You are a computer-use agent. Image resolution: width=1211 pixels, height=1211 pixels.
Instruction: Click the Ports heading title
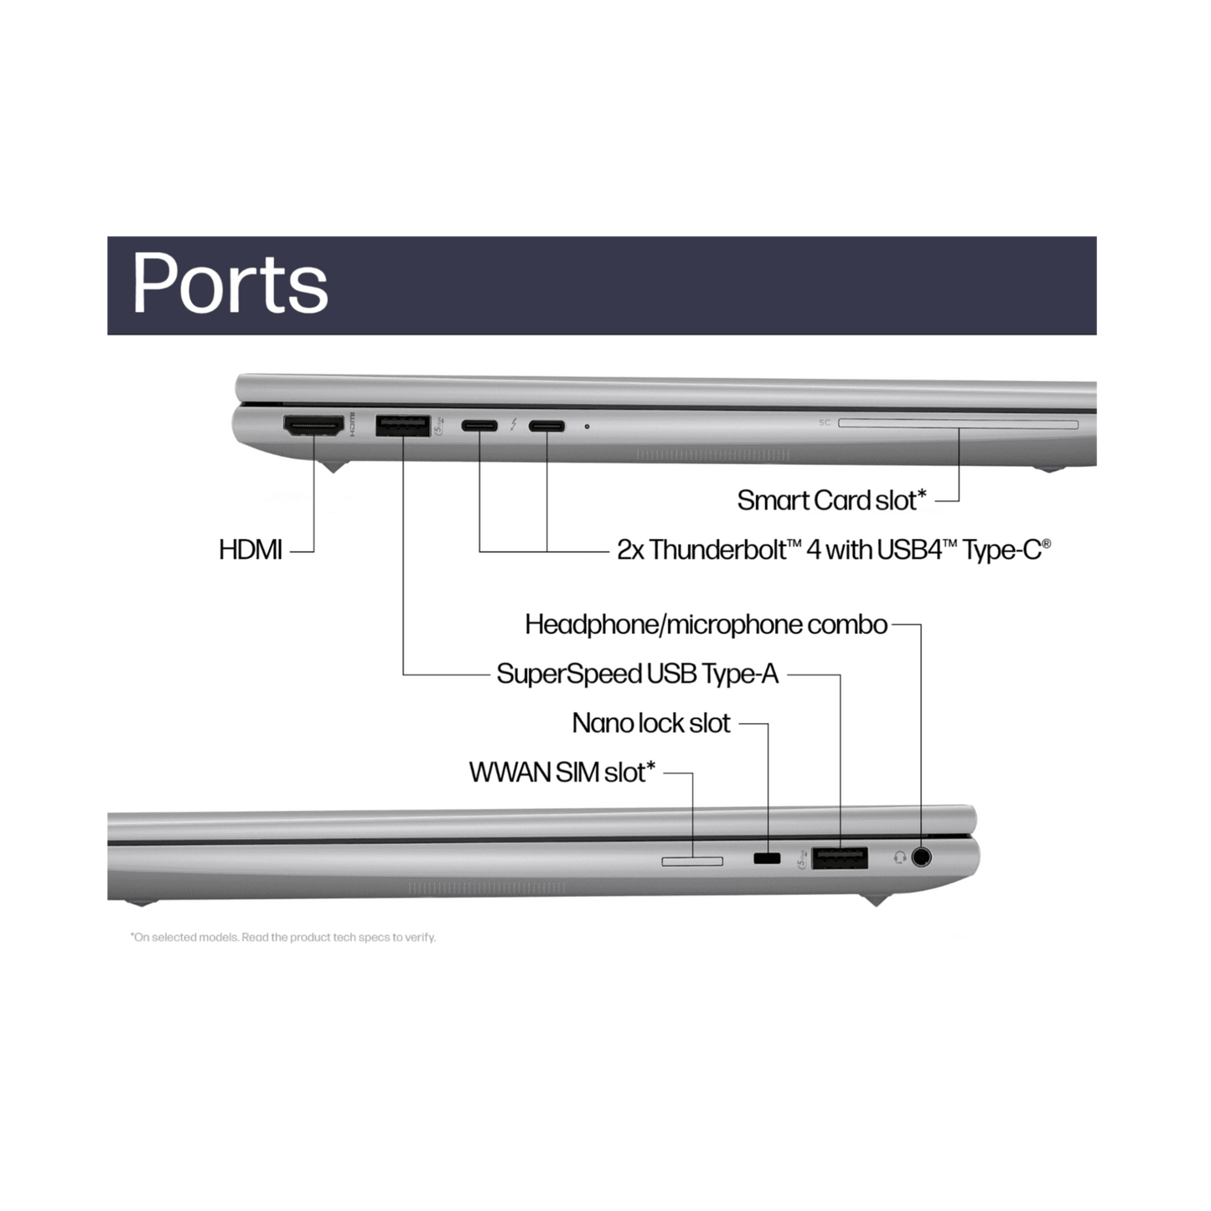tap(230, 283)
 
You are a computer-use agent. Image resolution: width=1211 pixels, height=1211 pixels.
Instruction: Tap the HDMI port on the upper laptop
tap(313, 426)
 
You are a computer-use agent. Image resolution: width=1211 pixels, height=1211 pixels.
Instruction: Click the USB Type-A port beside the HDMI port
tap(403, 426)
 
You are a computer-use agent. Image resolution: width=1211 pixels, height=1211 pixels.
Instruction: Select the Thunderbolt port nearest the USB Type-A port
tap(479, 426)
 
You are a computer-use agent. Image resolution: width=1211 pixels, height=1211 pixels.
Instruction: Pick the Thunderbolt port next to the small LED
tap(546, 426)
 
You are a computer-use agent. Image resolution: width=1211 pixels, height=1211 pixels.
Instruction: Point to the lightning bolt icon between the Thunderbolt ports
tap(514, 426)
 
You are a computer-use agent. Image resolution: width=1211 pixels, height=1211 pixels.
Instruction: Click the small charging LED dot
tap(587, 427)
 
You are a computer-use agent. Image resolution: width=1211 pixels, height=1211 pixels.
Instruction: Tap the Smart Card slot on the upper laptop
tap(959, 424)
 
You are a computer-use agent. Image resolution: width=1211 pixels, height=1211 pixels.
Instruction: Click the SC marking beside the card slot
tap(825, 423)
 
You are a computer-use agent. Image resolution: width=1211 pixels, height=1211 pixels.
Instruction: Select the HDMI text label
tap(250, 550)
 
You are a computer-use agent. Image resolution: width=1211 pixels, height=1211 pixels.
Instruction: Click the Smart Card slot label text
tap(831, 501)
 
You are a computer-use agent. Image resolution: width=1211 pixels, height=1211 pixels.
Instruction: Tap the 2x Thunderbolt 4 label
tap(834, 550)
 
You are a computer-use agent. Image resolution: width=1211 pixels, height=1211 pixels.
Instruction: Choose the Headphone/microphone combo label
tap(706, 624)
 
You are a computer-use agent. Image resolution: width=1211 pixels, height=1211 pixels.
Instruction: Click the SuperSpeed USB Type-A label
tap(638, 675)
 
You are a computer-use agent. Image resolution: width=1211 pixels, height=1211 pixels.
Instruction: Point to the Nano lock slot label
tap(651, 723)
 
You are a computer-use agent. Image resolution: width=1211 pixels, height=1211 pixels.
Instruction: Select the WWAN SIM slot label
tap(562, 773)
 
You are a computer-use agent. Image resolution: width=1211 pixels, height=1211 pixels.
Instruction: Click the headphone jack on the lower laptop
tap(921, 857)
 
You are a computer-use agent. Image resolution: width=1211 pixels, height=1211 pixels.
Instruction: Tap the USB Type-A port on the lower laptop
tap(840, 858)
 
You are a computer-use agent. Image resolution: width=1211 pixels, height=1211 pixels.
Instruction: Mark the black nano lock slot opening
tap(767, 858)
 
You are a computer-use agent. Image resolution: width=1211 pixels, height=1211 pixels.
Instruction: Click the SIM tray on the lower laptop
tap(692, 861)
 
